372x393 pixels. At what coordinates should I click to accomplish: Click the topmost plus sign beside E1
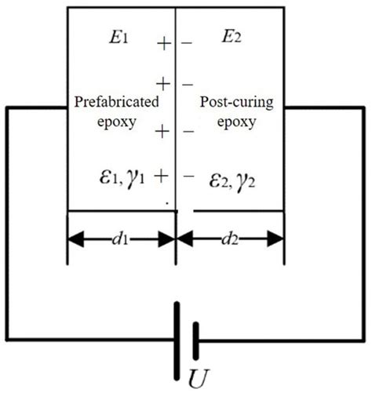pyautogui.click(x=163, y=44)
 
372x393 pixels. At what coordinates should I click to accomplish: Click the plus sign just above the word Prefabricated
pyautogui.click(x=162, y=82)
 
